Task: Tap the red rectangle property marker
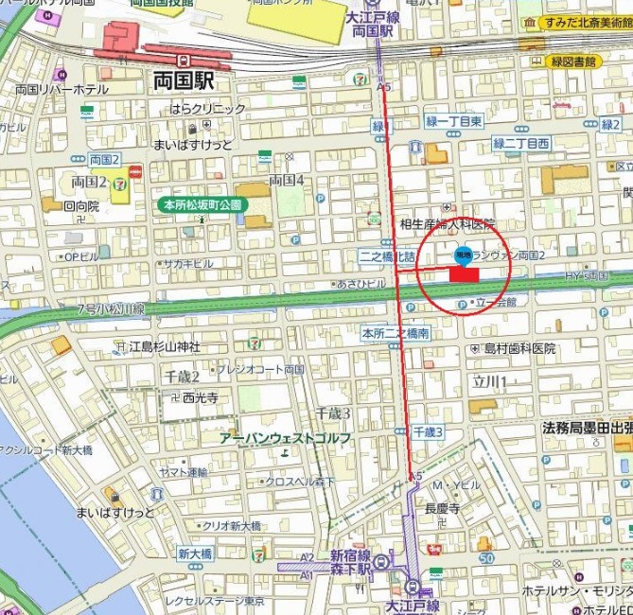464,273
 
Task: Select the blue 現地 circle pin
464,254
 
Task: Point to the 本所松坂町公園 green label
202,204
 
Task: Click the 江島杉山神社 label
166,346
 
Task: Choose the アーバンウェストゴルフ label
285,439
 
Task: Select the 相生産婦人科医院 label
448,223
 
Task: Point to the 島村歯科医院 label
519,348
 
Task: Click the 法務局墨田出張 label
587,428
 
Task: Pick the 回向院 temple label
81,205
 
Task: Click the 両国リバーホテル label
62,89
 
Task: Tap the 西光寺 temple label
200,397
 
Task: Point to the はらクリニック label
207,109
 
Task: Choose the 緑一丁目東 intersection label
454,121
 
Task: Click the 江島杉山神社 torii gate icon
119,346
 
